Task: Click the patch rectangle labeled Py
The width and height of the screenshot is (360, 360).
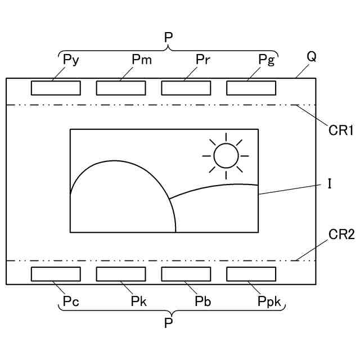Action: [55, 88]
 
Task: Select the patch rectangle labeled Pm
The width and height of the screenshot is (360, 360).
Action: [120, 88]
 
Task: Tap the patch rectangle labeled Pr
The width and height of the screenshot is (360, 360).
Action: [186, 88]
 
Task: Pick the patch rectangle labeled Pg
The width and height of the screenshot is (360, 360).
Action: [251, 88]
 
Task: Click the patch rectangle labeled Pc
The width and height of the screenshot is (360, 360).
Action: [55, 274]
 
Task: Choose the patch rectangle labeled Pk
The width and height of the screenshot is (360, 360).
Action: [120, 274]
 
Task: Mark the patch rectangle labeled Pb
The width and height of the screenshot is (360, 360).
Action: [186, 274]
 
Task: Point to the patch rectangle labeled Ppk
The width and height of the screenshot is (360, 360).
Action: [251, 274]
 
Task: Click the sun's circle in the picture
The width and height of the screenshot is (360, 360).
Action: [226, 155]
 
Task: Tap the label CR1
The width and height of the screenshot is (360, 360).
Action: [341, 131]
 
